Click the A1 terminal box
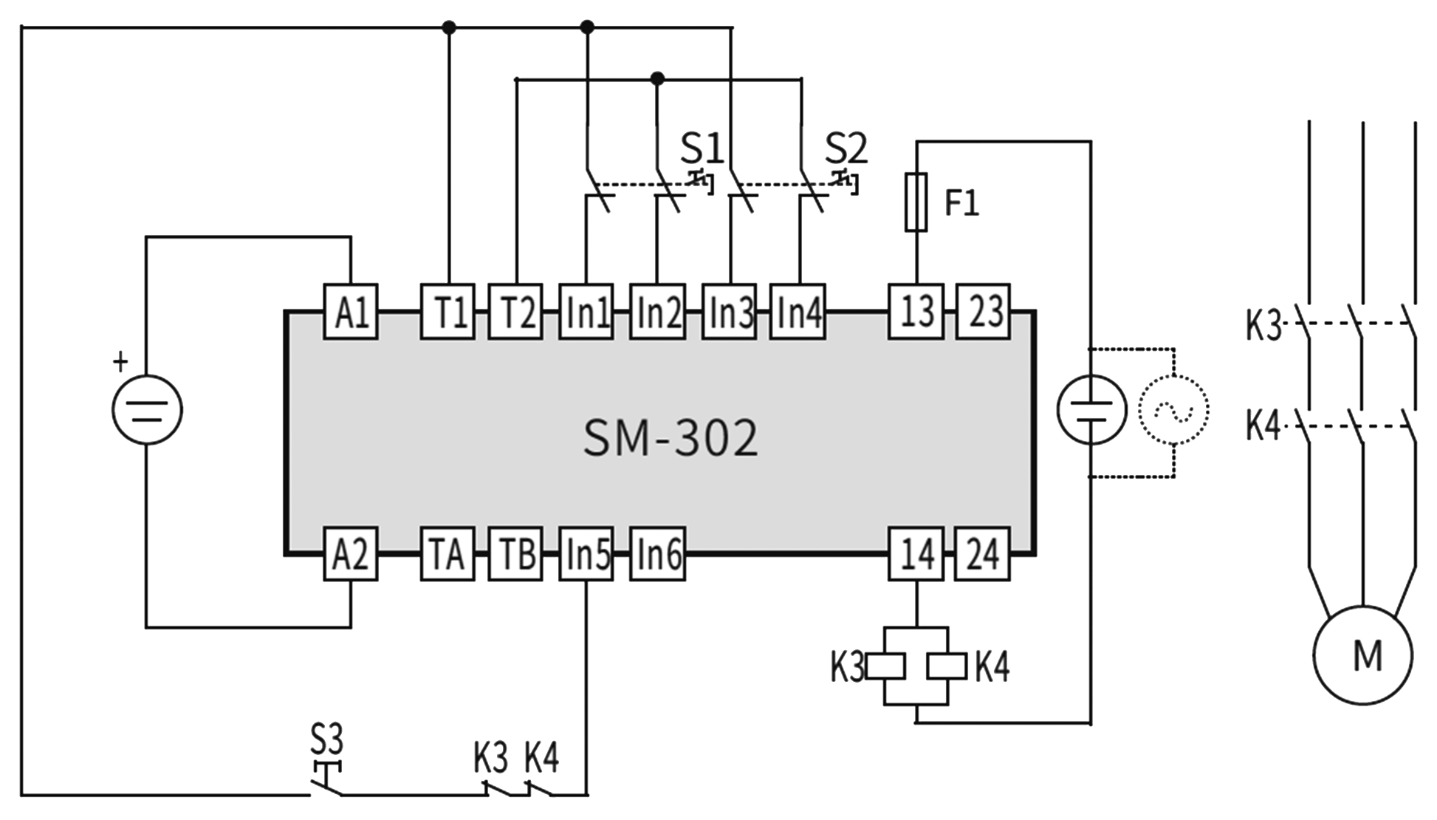click(x=351, y=311)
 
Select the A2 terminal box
click(x=351, y=554)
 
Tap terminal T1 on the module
click(x=447, y=311)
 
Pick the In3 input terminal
click(x=728, y=311)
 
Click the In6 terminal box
click(x=657, y=554)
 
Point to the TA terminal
click(x=447, y=554)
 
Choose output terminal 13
click(x=916, y=311)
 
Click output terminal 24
click(x=983, y=554)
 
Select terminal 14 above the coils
click(x=916, y=554)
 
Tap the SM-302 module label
click(x=670, y=438)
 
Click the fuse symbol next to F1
click(x=916, y=202)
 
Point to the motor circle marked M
click(x=1362, y=655)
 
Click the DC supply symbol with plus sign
click(x=147, y=409)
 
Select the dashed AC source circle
click(x=1173, y=409)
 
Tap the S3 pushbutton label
click(x=326, y=738)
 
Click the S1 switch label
click(x=702, y=150)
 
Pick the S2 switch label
click(x=846, y=150)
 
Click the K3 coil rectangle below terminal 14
click(x=886, y=666)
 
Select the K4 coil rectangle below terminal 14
click(x=947, y=666)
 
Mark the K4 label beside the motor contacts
click(x=1263, y=426)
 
